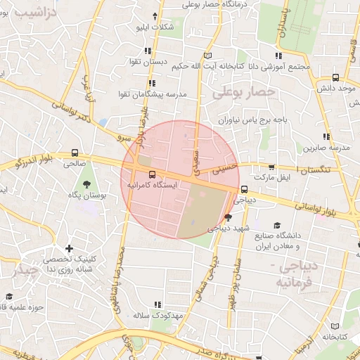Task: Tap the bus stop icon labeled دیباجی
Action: [x=244, y=189]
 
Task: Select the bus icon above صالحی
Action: [x=75, y=153]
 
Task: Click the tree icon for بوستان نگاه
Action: [x=86, y=184]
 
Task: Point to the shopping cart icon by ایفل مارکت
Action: [x=271, y=167]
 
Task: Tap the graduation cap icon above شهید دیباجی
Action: [x=227, y=217]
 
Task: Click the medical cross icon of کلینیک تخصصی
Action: [x=69, y=249]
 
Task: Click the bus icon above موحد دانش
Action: [x=335, y=77]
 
